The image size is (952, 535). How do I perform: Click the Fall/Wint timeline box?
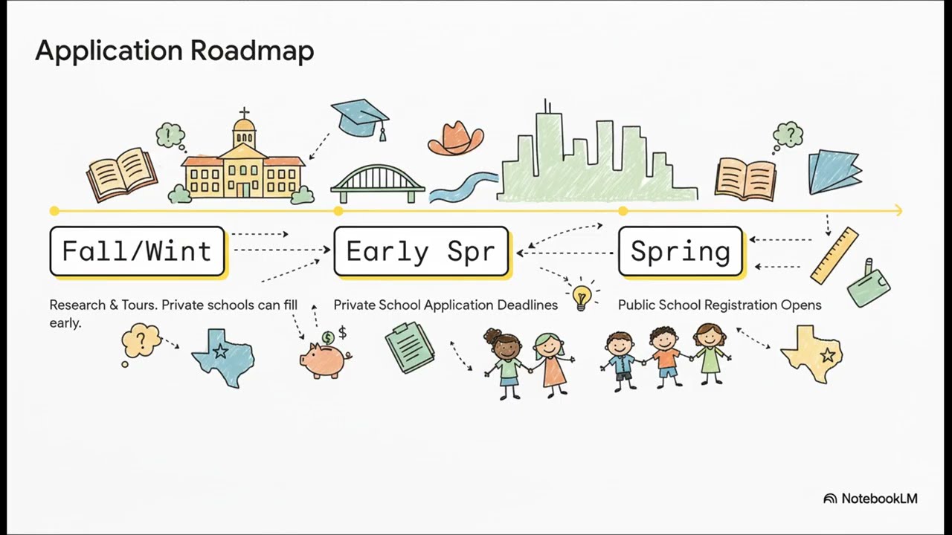tap(138, 251)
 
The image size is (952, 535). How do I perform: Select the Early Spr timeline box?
tap(421, 251)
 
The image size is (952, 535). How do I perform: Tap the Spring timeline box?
tap(681, 251)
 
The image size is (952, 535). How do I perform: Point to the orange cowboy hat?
tap(456, 138)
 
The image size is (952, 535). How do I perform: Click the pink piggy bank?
tap(325, 360)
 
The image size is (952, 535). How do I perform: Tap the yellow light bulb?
tap(581, 296)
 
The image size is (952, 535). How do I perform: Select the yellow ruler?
tap(834, 256)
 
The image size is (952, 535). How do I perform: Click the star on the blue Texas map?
tap(220, 351)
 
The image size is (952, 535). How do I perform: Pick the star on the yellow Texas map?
tap(828, 354)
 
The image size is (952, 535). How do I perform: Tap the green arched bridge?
tap(377, 184)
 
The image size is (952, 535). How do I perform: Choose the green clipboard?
tap(410, 347)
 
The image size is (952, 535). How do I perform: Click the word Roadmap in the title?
tap(252, 51)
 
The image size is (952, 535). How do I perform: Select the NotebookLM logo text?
tap(879, 499)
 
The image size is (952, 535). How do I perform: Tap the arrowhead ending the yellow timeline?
tap(899, 210)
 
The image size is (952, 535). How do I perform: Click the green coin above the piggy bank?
tap(328, 338)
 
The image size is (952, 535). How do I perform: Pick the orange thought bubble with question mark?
tap(141, 340)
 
